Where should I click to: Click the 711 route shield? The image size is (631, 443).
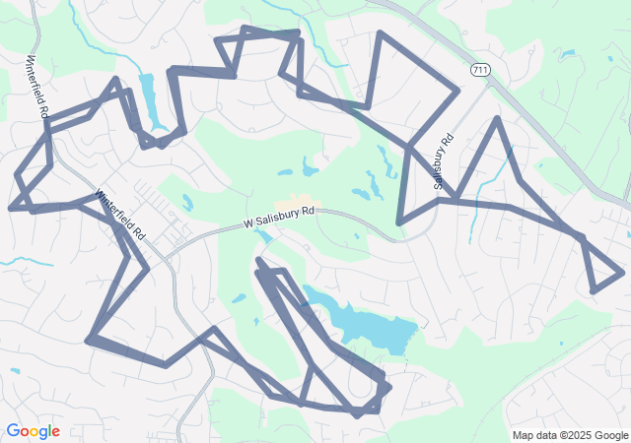click(480, 70)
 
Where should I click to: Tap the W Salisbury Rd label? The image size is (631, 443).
click(280, 218)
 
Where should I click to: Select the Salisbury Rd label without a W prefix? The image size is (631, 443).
click(443, 162)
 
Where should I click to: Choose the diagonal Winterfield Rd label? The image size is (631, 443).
click(120, 216)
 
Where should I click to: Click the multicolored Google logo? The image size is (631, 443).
click(33, 431)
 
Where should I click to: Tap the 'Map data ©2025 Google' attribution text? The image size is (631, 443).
click(570, 435)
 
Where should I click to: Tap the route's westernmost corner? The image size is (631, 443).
click(10, 209)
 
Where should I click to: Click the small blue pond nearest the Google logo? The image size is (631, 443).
click(15, 371)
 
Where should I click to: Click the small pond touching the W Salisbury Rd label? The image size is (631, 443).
click(263, 235)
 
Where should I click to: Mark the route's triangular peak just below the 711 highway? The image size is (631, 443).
click(499, 119)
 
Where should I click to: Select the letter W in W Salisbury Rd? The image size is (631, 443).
click(248, 224)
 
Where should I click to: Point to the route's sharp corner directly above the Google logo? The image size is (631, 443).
click(89, 340)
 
